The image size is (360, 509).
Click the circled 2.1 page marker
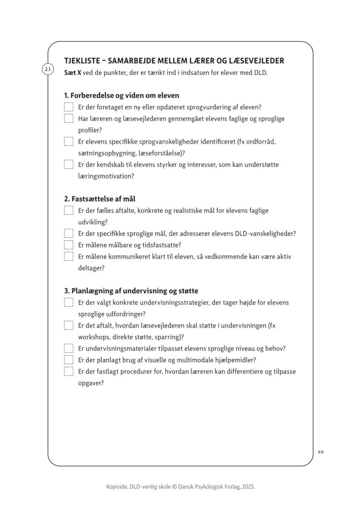coord(48,70)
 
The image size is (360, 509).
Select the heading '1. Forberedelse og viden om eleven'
coord(122,95)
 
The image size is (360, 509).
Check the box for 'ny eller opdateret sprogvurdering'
coord(69,107)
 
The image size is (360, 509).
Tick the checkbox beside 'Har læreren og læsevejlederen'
coord(69,119)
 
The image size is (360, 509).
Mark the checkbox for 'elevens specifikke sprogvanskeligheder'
coord(69,142)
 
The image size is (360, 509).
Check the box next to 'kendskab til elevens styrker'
coord(69,165)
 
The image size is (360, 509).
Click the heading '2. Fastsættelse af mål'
coord(100,199)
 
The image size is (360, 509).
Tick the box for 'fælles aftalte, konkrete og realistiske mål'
coord(69,211)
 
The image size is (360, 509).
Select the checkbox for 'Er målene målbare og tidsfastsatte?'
coord(69,245)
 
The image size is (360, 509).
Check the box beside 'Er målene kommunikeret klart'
coord(69,256)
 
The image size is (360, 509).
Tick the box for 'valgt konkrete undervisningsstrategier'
coord(69,303)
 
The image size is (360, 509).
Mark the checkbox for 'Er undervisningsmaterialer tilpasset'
coord(69,349)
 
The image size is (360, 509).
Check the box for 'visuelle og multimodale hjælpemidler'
coord(69,360)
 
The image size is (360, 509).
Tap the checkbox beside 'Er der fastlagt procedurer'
coord(69,372)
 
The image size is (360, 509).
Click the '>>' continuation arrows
coord(321,452)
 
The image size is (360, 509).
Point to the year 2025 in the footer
coord(247,487)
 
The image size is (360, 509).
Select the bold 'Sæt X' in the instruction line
coord(71,73)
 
